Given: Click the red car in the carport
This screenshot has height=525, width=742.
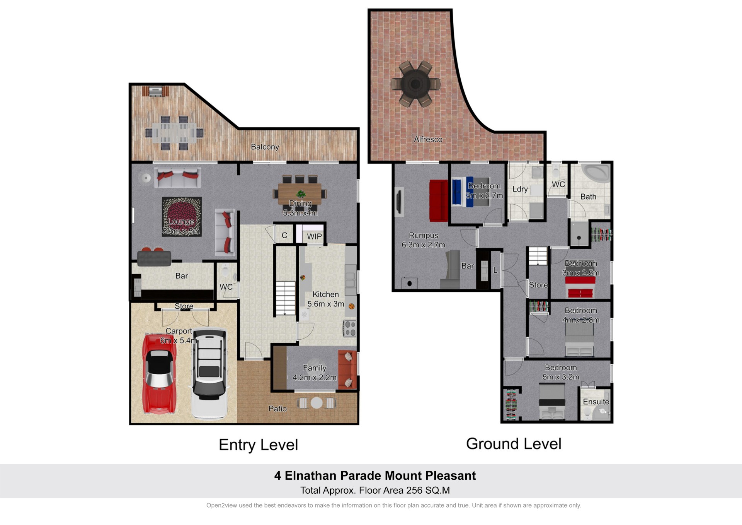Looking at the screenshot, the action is pos(159,374).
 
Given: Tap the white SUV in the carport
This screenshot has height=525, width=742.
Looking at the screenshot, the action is pos(209,374).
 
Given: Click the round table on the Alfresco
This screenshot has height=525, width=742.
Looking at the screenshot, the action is pos(415,84).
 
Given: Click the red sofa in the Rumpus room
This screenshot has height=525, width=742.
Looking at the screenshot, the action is pos(439,200).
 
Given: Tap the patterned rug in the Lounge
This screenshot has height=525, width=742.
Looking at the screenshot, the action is pos(182,217).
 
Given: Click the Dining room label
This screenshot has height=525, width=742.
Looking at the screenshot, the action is pos(300,204).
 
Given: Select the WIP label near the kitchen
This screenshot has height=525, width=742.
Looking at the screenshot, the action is pos(314,236).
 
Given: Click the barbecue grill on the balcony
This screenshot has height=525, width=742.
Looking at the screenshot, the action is pos(155,91).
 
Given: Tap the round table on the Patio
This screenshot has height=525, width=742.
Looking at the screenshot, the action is pos(317,403).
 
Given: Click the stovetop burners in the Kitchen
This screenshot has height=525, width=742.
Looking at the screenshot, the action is pos(350,328).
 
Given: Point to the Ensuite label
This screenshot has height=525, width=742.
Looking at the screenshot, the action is pos(596,402).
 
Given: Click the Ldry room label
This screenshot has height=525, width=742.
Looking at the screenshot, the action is pos(520,189).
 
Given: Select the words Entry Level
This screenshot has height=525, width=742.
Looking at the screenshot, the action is pos(258,445).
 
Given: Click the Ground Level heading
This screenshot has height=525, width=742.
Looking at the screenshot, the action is pos(514,444).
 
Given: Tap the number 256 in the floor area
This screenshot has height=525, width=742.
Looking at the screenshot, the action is pos(414,490).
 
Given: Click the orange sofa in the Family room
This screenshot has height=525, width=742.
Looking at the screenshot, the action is pos(347,369).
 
